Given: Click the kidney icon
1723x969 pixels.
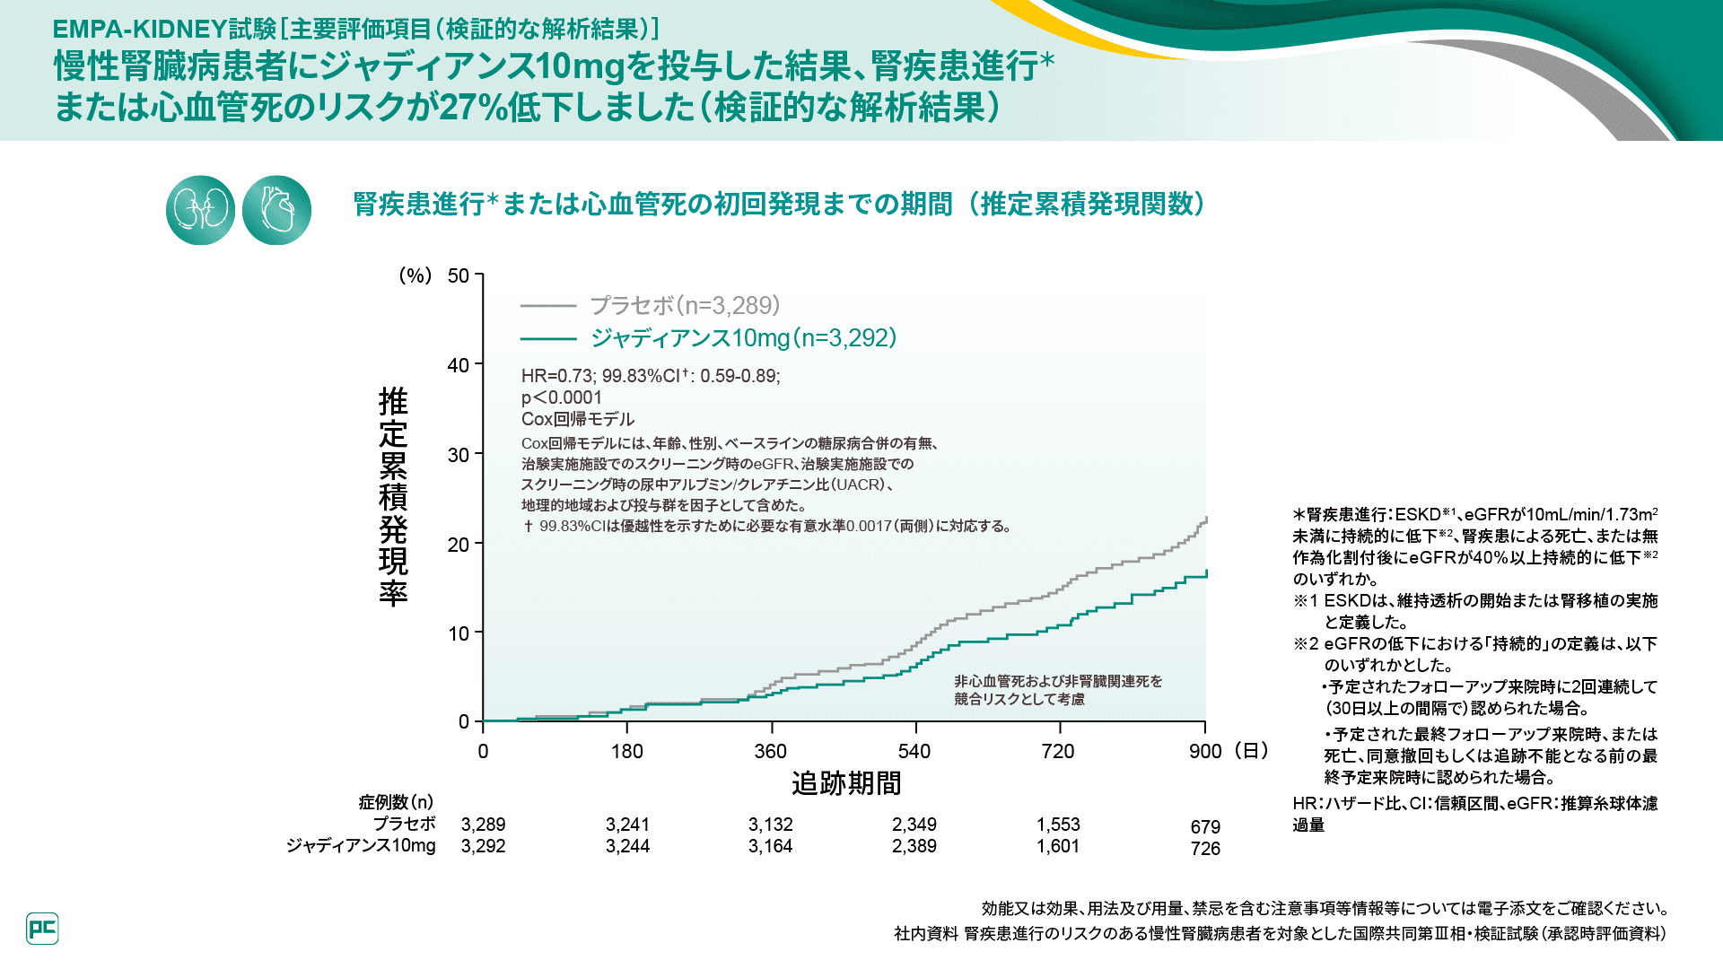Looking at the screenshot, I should pyautogui.click(x=200, y=210).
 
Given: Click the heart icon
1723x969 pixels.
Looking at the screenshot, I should pyautogui.click(x=276, y=210).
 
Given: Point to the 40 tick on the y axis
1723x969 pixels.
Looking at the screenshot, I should pyautogui.click(x=459, y=365).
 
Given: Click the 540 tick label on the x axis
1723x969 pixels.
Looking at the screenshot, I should pyautogui.click(x=914, y=752).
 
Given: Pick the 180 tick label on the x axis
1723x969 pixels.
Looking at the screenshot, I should pyautogui.click(x=627, y=752).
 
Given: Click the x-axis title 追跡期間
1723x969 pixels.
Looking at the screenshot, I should pyautogui.click(x=845, y=783).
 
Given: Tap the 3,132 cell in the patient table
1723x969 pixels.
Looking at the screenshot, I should pyautogui.click(x=771, y=825).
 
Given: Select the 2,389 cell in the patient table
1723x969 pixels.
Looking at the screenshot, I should pyautogui.click(x=914, y=846).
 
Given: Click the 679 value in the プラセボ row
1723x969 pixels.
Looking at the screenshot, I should pyautogui.click(x=1205, y=827).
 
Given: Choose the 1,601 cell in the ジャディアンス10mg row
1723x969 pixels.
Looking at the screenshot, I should pyautogui.click(x=1058, y=846).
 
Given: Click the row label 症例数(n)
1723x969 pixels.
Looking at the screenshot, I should pyautogui.click(x=396, y=802).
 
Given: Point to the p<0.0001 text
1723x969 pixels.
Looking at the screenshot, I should pyautogui.click(x=562, y=397).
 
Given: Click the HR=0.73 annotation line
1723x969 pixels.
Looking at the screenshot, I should pyautogui.click(x=651, y=376).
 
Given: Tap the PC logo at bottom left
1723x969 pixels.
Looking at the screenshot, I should pyautogui.click(x=42, y=929).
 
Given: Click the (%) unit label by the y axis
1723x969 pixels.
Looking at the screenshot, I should pyautogui.click(x=415, y=275).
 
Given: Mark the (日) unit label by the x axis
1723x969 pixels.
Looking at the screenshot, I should pyautogui.click(x=1251, y=751).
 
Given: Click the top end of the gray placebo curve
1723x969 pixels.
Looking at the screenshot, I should pyautogui.click(x=1206, y=519).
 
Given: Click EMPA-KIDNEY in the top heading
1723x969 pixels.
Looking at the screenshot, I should pyautogui.click(x=138, y=29).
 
